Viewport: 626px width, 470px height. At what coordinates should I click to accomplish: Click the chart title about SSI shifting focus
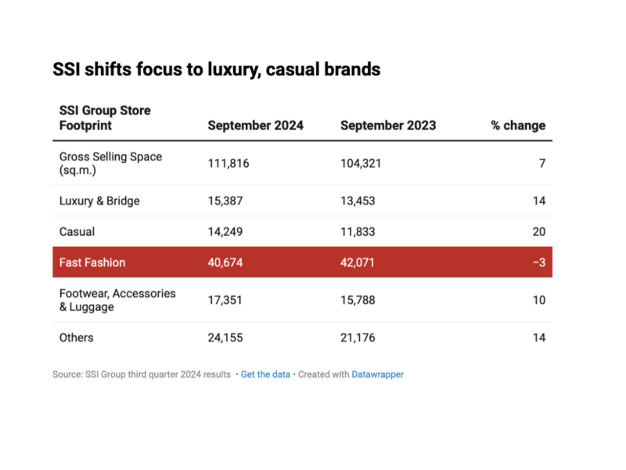tap(216, 70)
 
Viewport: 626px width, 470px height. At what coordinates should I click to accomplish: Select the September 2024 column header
tap(255, 125)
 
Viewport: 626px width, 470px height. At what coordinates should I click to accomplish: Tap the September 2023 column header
tap(388, 125)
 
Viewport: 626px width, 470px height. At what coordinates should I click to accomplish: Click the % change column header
tap(518, 125)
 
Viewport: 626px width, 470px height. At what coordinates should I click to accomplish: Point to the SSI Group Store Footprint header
tap(105, 117)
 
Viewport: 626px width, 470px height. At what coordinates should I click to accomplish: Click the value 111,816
tap(226, 163)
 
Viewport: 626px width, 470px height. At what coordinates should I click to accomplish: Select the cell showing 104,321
tap(360, 163)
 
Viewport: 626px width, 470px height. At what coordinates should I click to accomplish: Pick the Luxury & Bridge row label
tap(99, 201)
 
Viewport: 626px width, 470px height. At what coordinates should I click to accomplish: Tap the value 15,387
tap(225, 201)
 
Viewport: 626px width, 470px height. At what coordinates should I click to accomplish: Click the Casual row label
tap(77, 231)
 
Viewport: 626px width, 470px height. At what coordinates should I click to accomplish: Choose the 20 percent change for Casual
tap(538, 231)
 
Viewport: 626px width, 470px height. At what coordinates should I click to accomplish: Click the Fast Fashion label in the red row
tap(92, 262)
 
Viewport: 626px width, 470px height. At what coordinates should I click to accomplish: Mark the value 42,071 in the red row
tap(358, 262)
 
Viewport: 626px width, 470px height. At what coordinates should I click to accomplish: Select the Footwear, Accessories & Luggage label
tap(117, 300)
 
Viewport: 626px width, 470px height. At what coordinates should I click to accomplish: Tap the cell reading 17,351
tap(225, 300)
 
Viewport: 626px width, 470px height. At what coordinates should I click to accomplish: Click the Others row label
tap(77, 338)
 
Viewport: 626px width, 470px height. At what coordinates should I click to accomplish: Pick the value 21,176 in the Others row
tap(358, 338)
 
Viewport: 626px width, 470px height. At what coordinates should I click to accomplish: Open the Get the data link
tap(265, 374)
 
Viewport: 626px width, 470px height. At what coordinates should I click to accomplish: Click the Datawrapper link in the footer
tap(378, 374)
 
